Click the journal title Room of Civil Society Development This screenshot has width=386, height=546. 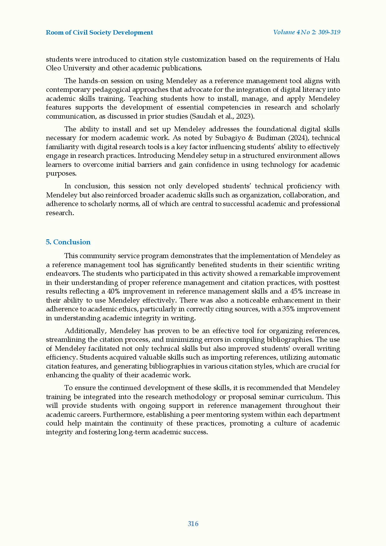pyautogui.click(x=99, y=33)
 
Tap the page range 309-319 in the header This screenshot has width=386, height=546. pyautogui.click(x=329, y=32)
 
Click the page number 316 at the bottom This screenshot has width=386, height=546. pyautogui.click(x=193, y=524)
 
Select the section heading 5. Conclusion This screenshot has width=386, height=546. pyautogui.click(x=68, y=242)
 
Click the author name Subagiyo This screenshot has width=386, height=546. pyautogui.click(x=230, y=138)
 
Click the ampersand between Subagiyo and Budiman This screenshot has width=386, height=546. pyautogui.click(x=251, y=138)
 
